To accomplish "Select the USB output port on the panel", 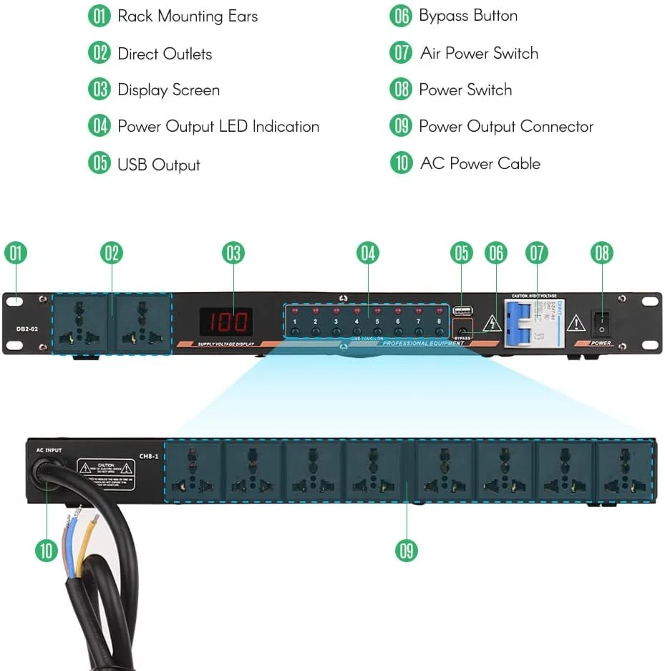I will pyautogui.click(x=462, y=312).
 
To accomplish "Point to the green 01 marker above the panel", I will pyautogui.click(x=16, y=253).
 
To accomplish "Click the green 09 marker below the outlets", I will pyautogui.click(x=407, y=550).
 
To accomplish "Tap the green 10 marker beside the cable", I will pyautogui.click(x=46, y=550).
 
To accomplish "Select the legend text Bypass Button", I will pyautogui.click(x=468, y=16).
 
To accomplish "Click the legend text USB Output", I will pyautogui.click(x=159, y=165).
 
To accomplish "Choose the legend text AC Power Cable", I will pyautogui.click(x=480, y=163).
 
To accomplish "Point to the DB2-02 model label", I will pyautogui.click(x=27, y=330).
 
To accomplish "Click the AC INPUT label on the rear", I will pyautogui.click(x=49, y=450).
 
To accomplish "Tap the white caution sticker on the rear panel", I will pyautogui.click(x=106, y=475).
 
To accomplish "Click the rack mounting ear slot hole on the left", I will pyautogui.click(x=16, y=301).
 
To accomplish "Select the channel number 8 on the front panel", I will pyautogui.click(x=439, y=322).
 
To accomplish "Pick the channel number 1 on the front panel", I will pyautogui.click(x=294, y=322).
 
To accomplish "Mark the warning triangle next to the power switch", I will pyautogui.click(x=576, y=324).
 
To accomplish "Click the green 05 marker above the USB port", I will pyautogui.click(x=462, y=253).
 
